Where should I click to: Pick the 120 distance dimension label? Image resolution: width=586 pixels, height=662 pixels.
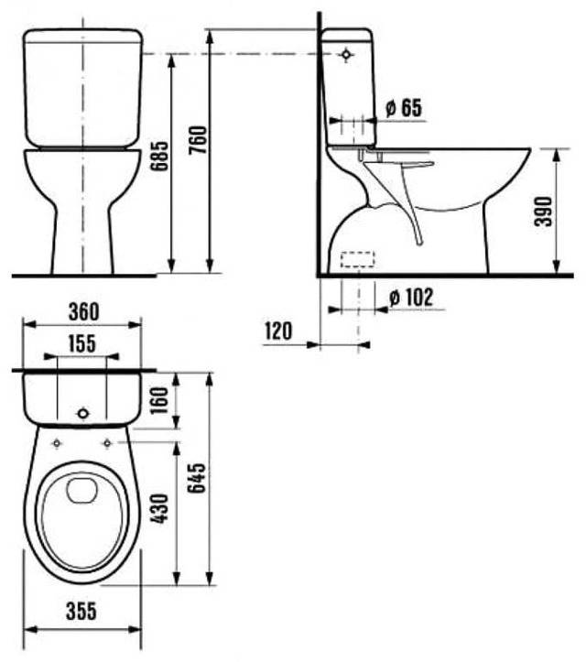277,331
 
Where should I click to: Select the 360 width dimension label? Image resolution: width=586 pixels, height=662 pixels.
81,311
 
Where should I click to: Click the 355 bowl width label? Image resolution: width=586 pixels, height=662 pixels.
81,612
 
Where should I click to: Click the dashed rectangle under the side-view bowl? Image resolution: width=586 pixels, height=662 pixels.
359,259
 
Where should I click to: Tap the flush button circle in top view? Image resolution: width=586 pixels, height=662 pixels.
82,413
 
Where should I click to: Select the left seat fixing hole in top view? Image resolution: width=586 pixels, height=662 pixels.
58,443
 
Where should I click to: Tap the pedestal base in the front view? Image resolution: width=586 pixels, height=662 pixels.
82,238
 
